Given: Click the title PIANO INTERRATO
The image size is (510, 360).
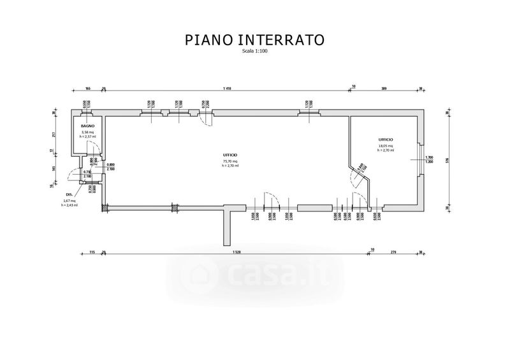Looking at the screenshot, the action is pyautogui.click(x=255, y=40).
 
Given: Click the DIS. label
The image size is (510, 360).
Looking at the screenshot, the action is pyautogui.click(x=69, y=194).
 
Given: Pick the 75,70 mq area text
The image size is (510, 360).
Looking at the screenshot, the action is pyautogui.click(x=230, y=162).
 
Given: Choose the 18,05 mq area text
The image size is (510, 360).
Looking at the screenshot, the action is pyautogui.click(x=386, y=146).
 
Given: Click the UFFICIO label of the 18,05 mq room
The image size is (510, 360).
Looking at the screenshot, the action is pyautogui.click(x=386, y=139).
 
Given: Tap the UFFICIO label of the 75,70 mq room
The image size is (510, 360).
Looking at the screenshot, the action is pyautogui.click(x=230, y=155).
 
